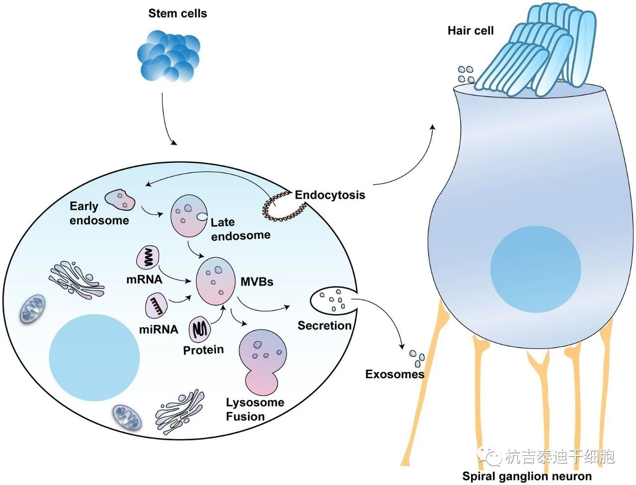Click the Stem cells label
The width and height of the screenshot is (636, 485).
(177, 13)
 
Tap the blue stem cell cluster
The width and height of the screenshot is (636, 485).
(168, 56)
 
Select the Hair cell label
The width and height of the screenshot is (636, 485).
(471, 31)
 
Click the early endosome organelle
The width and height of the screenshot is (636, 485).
(120, 200)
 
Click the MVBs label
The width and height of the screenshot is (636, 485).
(257, 281)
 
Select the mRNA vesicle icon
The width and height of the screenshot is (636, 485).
(149, 258)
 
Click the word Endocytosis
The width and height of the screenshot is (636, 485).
(330, 195)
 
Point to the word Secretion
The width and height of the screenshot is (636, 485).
(324, 326)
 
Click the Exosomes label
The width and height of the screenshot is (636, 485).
(395, 374)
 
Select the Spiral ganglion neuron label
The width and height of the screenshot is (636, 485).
(527, 476)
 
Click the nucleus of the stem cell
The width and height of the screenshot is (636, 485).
(94, 357)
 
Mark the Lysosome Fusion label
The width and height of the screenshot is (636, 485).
(255, 410)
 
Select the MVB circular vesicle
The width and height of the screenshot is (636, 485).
(216, 280)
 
